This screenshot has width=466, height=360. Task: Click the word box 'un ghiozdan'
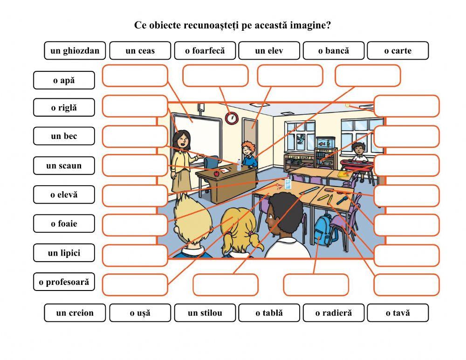coord(75,50)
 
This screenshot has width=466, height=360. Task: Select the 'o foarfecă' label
coord(205,50)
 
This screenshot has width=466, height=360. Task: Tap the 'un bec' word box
coord(64,136)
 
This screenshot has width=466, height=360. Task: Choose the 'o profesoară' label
coord(64,282)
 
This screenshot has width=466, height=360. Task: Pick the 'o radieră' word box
coord(334,313)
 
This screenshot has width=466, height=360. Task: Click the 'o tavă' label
coord(398,313)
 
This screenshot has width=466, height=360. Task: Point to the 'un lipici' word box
coord(64,253)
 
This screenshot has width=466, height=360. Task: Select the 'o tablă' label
coord(269,313)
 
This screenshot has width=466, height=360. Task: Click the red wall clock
coord(232,118)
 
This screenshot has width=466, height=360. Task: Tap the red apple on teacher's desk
coord(217,173)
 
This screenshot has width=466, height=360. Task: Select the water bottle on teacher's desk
coord(239,165)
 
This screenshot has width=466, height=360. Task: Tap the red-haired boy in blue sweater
coord(248,154)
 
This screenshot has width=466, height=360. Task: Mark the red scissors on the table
coord(278,187)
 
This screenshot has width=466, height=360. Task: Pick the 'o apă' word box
coord(64,80)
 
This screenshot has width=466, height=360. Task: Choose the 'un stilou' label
coord(205,313)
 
